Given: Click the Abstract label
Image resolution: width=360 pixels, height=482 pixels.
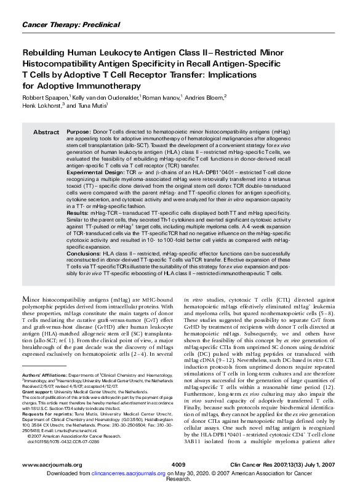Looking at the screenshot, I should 46,132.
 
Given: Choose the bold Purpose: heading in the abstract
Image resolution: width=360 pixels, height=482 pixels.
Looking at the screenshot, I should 79,132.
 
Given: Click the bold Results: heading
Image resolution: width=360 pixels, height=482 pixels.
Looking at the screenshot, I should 78,211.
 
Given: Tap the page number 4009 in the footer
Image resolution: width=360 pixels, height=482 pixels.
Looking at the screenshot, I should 178,464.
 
